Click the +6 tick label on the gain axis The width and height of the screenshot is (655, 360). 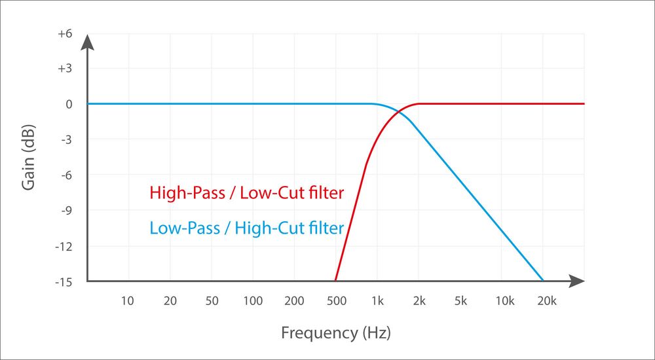64,33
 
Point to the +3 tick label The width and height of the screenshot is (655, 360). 64,69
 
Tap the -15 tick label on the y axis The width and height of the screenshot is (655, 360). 63,281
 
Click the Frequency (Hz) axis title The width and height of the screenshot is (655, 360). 335,333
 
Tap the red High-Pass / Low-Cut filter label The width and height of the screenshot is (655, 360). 247,193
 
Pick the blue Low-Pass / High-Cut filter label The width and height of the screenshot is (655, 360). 247,228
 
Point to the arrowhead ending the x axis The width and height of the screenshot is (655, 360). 577,281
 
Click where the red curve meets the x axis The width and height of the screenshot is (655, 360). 335,281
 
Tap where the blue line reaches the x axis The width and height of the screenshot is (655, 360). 543,281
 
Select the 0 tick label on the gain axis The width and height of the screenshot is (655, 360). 68,104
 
